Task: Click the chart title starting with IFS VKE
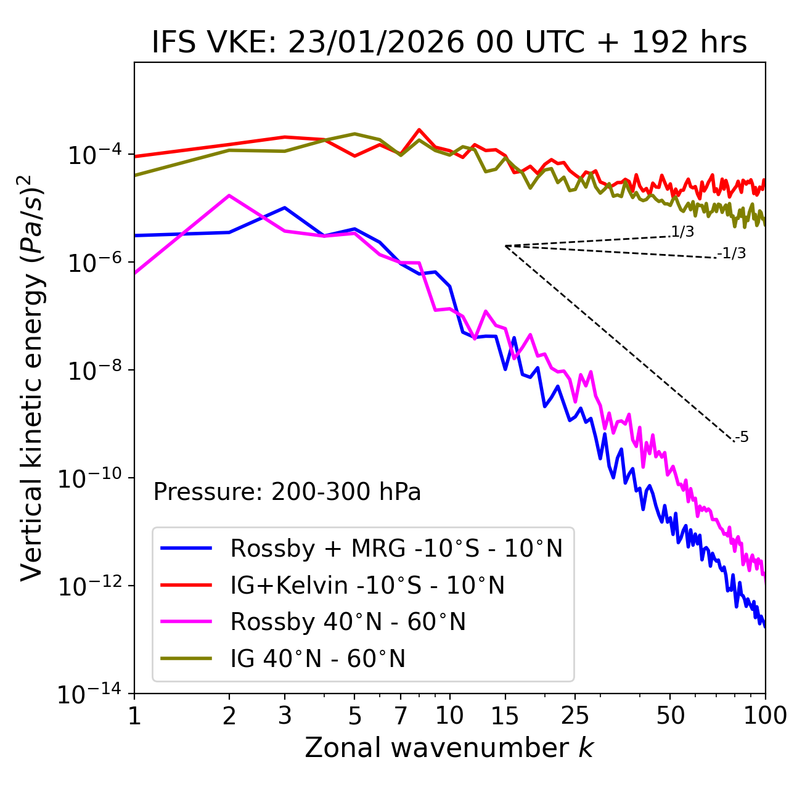pyautogui.click(x=449, y=43)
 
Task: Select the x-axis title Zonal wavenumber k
pyautogui.click(x=449, y=748)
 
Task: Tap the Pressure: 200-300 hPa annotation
pyautogui.click(x=287, y=492)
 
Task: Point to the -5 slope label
pyautogui.click(x=742, y=438)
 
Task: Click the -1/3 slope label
pyautogui.click(x=732, y=253)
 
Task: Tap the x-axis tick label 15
pyautogui.click(x=505, y=716)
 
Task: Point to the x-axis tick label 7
pyautogui.click(x=401, y=716)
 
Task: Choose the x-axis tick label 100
pyautogui.click(x=764, y=716)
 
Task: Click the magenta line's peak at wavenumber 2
pyautogui.click(x=229, y=195)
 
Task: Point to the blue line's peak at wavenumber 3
pyautogui.click(x=285, y=208)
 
